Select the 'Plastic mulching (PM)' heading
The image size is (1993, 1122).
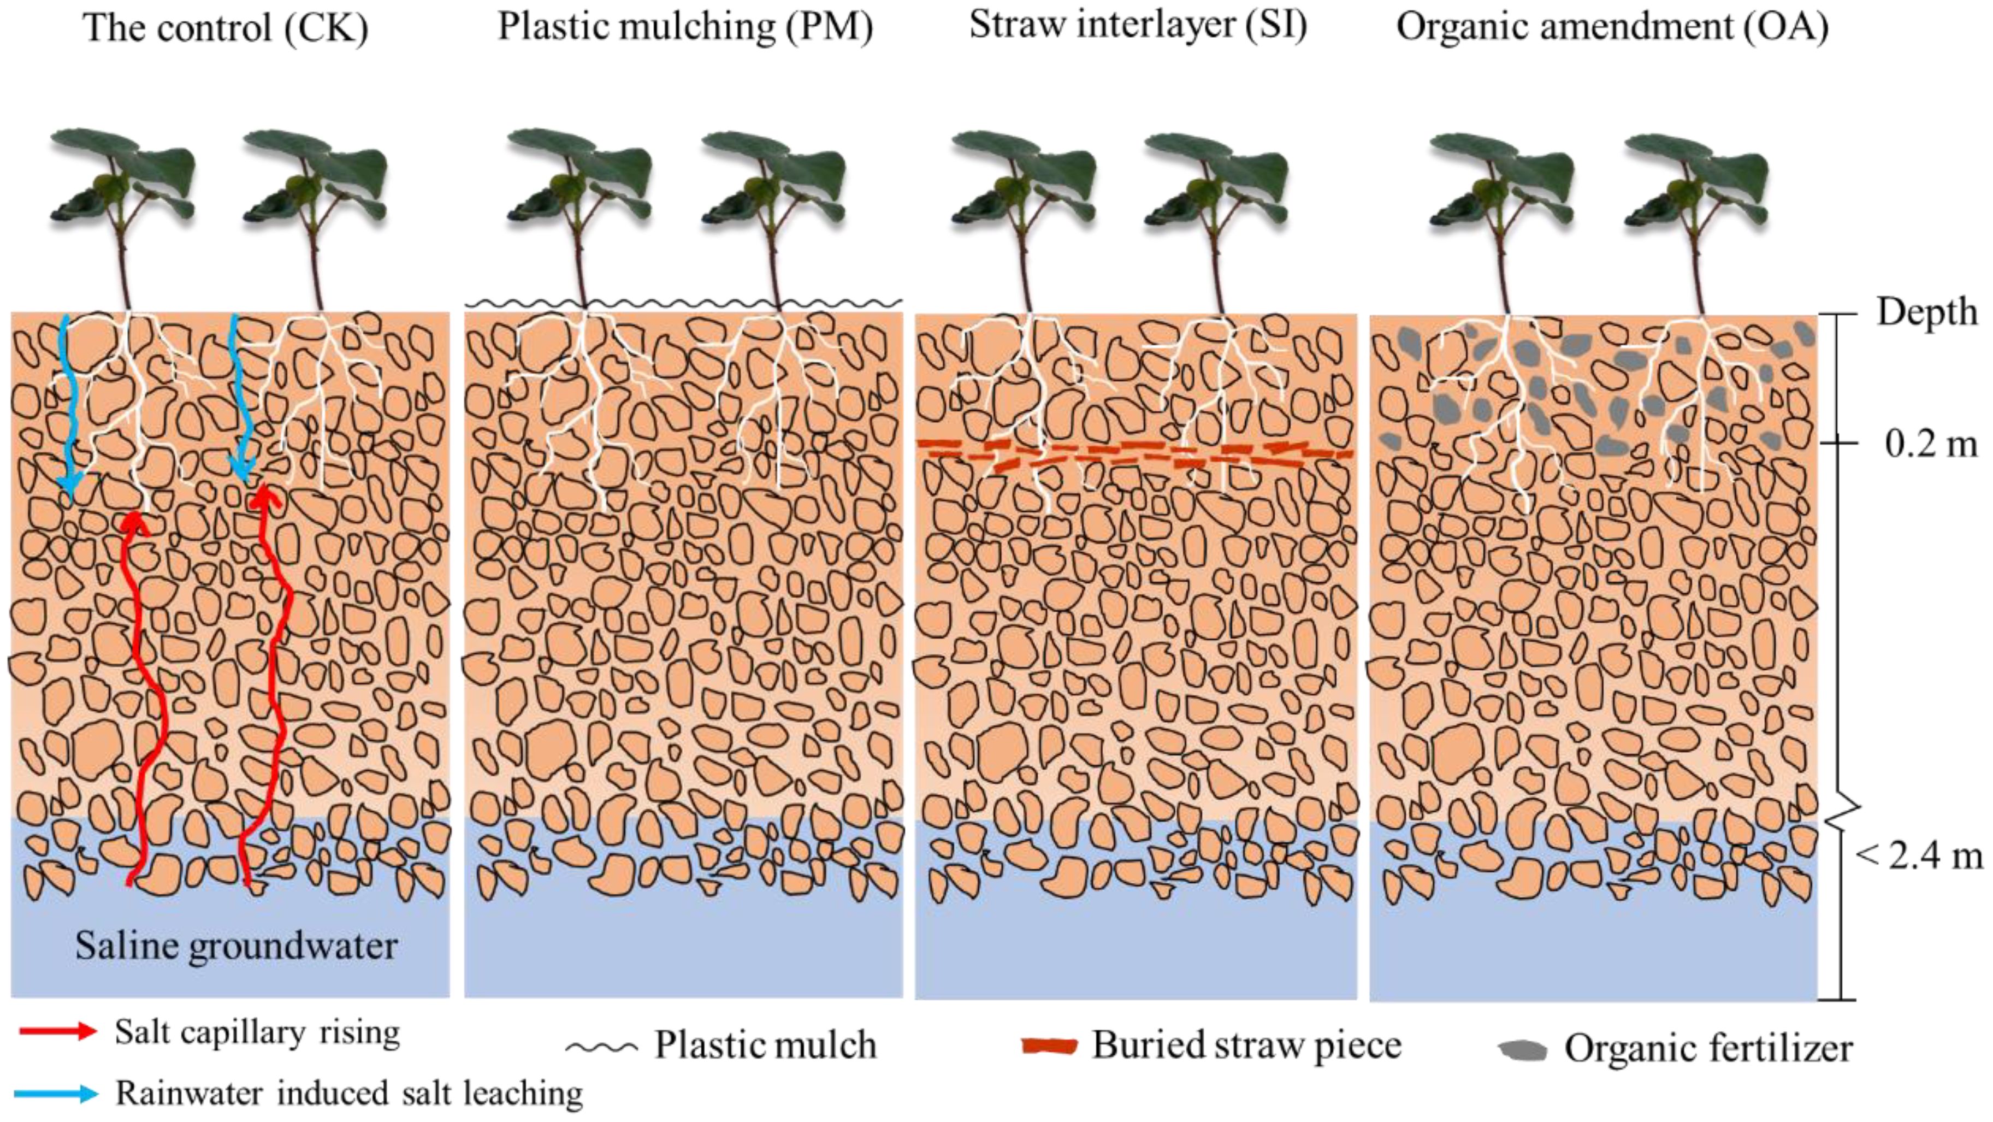coord(685,26)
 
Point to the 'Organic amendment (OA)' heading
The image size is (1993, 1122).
coord(1612,26)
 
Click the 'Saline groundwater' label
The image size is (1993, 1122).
coord(236,946)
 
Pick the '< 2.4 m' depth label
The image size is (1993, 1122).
coord(1919,856)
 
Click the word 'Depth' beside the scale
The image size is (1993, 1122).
coord(1926,312)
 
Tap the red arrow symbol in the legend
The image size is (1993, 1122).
coord(58,1031)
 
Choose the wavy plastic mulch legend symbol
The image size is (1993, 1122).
coord(601,1048)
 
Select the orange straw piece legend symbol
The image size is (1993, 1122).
coord(1049,1046)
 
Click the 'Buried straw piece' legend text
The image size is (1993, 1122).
coord(1246,1046)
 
